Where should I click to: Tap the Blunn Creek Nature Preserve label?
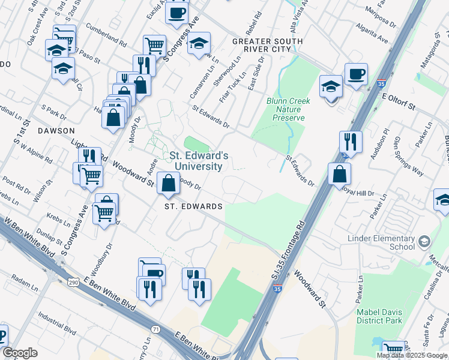(x=288, y=109)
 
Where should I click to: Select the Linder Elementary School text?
(x=381, y=243)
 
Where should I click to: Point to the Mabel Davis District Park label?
(x=383, y=317)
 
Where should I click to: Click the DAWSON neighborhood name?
(x=56, y=130)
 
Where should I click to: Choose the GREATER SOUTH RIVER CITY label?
(x=267, y=45)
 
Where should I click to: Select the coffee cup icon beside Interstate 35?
(x=356, y=74)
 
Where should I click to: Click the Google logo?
(x=20, y=353)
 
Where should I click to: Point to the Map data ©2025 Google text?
(x=411, y=355)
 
